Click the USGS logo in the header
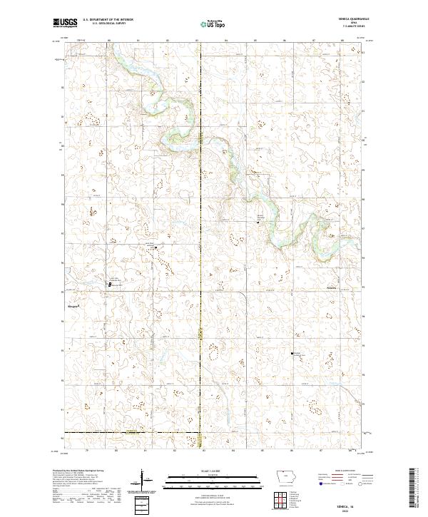pos(65,23)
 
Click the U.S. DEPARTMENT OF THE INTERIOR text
pos(107,20)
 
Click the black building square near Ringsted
pos(109,285)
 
